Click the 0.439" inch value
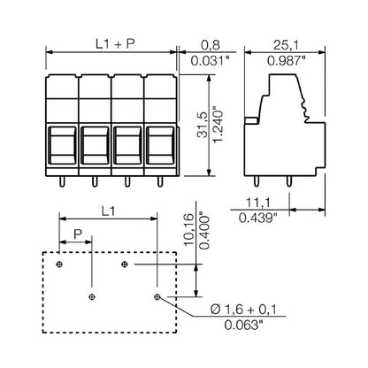tap(261, 218)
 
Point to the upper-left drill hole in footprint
tap(59, 264)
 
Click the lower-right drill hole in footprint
tap(157, 296)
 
